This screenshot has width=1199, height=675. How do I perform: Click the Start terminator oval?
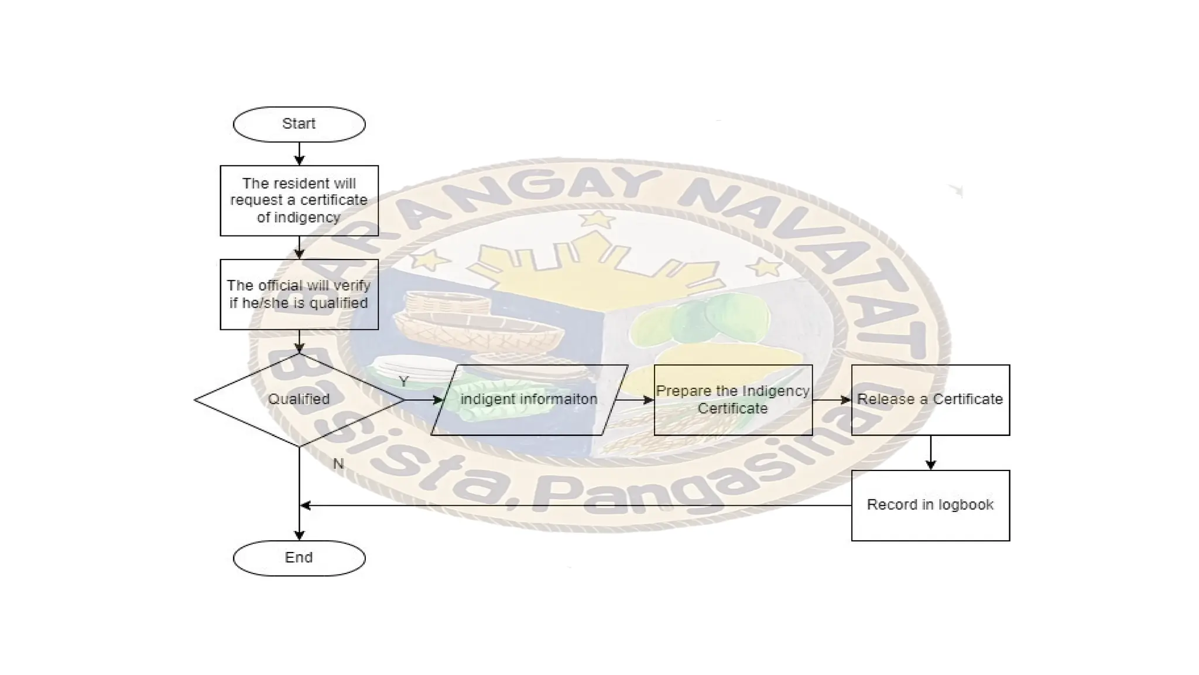(x=299, y=124)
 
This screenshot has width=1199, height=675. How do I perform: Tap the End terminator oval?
(x=299, y=558)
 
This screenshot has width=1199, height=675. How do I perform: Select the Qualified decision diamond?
(x=299, y=400)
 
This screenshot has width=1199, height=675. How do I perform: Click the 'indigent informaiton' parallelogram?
(x=529, y=400)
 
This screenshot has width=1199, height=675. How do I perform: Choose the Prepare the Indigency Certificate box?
(x=733, y=400)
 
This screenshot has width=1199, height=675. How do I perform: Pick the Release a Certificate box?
(x=930, y=400)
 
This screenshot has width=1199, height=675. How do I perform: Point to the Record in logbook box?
(x=930, y=505)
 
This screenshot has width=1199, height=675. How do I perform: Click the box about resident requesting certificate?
(x=299, y=200)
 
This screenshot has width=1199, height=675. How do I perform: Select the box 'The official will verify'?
(x=299, y=294)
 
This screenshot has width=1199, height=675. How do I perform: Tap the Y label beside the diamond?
(x=403, y=382)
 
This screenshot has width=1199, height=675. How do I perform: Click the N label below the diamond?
(x=338, y=464)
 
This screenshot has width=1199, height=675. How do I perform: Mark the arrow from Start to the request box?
(x=299, y=154)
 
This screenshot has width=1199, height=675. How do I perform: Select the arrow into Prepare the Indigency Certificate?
(x=635, y=400)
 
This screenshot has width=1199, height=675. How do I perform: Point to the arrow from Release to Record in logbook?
(x=930, y=452)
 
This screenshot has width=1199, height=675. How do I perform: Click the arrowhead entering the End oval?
(x=299, y=534)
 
